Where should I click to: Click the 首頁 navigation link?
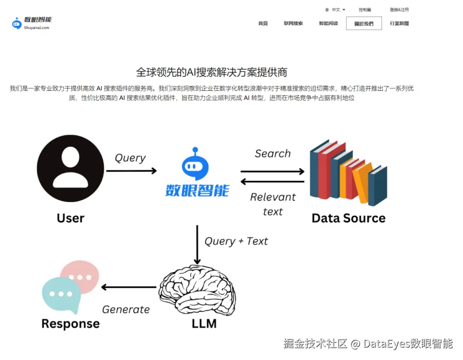point(263,24)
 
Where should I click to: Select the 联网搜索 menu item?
point(293,24)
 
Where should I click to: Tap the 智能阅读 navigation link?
point(328,24)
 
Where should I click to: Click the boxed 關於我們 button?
point(364,24)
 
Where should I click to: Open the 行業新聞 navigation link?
point(399,24)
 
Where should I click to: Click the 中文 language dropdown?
point(335,9)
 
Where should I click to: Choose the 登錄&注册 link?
point(399,9)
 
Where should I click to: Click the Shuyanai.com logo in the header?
point(32,23)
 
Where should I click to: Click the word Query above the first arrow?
point(130,158)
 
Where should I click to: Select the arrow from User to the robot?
point(131,171)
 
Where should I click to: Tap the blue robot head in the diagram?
point(195,165)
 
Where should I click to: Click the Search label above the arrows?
point(273,153)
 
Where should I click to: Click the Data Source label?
point(348,218)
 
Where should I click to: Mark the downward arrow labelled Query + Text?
point(197,245)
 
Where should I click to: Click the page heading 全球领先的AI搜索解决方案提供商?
point(211,72)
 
